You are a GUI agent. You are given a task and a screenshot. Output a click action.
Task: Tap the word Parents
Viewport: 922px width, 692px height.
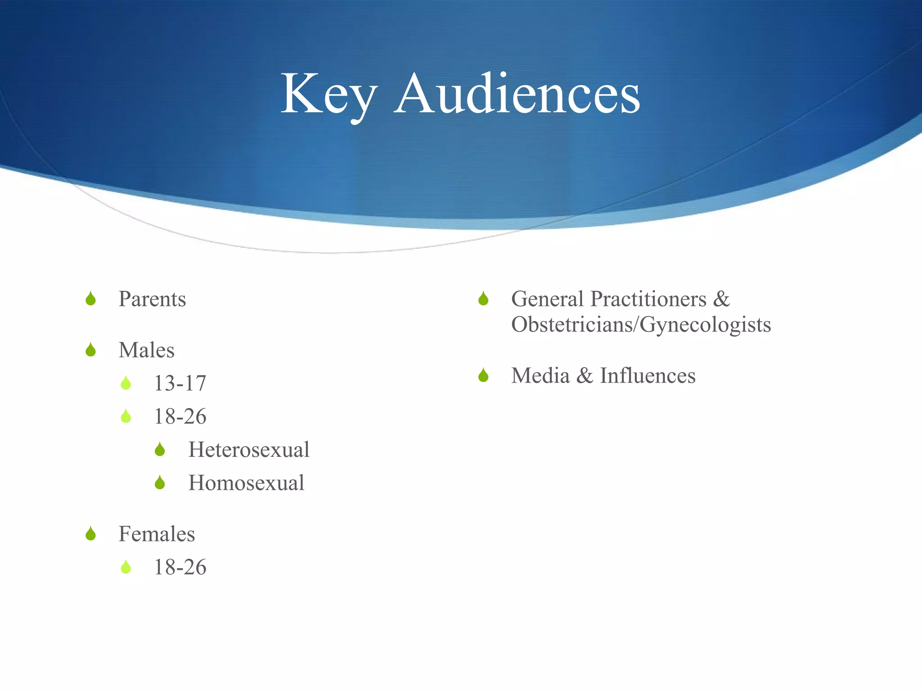tap(152, 299)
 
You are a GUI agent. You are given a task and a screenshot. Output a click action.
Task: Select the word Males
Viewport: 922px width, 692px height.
tap(146, 351)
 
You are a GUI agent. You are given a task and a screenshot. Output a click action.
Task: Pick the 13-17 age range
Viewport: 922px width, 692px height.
tap(180, 383)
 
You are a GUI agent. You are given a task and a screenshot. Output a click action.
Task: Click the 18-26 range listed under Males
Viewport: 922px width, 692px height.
tap(180, 417)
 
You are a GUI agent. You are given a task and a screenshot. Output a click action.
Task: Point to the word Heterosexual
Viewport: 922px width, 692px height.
tap(249, 450)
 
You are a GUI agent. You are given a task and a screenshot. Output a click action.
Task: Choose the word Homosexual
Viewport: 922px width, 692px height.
tap(246, 483)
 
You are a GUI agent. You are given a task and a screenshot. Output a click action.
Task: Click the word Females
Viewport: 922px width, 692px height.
tap(157, 534)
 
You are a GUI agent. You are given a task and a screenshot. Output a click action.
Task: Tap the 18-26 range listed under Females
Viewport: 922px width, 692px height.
tap(180, 567)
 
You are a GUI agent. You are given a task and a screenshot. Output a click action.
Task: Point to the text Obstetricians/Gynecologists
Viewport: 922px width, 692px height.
tap(641, 325)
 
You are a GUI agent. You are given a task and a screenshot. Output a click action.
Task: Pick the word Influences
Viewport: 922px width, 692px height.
tap(648, 376)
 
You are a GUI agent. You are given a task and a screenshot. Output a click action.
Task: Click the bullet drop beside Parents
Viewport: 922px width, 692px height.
tap(90, 299)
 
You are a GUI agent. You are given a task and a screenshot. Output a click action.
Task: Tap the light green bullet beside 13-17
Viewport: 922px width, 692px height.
tap(126, 383)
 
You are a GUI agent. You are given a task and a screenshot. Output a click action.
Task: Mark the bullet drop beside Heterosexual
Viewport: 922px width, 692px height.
tap(160, 450)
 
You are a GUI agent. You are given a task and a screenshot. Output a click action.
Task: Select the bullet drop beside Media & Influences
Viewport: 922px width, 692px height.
tap(484, 375)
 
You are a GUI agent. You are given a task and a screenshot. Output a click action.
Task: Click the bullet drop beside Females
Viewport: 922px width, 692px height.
tap(90, 534)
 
